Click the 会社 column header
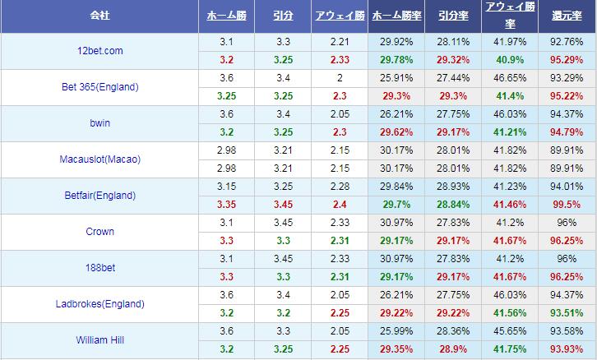coord(99,16)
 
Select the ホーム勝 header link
coord(226,16)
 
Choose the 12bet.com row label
coord(99,51)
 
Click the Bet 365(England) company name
coord(99,87)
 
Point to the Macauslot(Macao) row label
coord(99,159)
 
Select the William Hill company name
coord(99,339)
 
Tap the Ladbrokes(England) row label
coord(99,303)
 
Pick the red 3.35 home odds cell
coord(226,205)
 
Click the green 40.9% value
coord(509,60)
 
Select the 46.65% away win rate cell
coord(509,78)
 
